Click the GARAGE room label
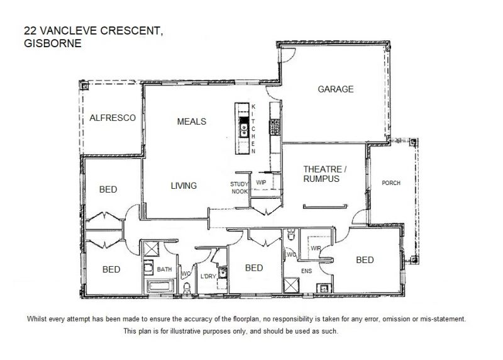(x=336, y=89)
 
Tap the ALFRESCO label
(x=113, y=118)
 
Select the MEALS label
(x=192, y=121)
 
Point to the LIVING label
(x=184, y=186)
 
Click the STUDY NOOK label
(x=240, y=188)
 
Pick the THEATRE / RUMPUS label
(x=324, y=174)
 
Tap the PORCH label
(x=391, y=183)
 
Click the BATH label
(x=164, y=269)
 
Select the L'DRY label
(x=208, y=276)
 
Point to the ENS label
(x=306, y=271)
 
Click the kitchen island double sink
(x=244, y=130)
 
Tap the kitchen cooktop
(x=275, y=127)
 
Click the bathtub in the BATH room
(x=160, y=286)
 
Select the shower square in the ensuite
(x=291, y=286)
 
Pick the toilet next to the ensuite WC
(x=291, y=234)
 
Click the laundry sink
(x=222, y=273)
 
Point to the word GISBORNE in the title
(x=53, y=43)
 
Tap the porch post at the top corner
(x=414, y=142)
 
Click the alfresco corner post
(x=84, y=86)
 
